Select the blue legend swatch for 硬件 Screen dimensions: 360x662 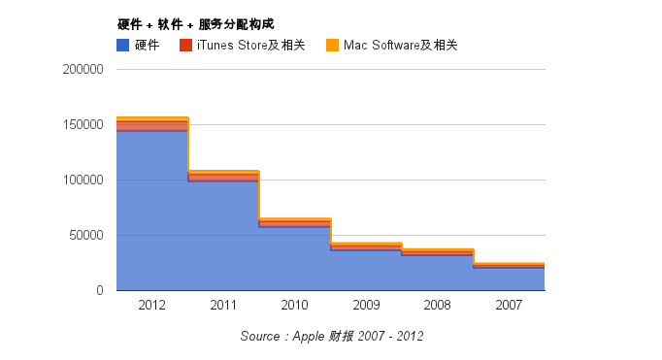(122, 45)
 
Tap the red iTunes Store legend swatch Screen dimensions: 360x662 (184, 45)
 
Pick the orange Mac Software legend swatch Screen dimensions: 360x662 (332, 45)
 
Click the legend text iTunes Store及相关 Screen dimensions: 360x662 (250, 45)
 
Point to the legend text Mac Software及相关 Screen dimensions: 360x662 (400, 45)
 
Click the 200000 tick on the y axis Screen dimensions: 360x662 (83, 70)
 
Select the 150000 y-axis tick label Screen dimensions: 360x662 (83, 125)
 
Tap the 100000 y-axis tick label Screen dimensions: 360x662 (83, 180)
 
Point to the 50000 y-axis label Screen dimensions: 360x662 (85, 236)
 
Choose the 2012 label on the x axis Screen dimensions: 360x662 (151, 306)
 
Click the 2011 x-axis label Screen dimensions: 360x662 (223, 306)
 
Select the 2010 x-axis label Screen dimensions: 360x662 (294, 306)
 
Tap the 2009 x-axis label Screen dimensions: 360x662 (366, 306)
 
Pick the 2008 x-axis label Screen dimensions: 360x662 (437, 306)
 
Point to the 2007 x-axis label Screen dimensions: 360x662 (509, 306)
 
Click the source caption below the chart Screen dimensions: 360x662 (331, 336)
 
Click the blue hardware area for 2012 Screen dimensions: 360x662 (151, 213)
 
